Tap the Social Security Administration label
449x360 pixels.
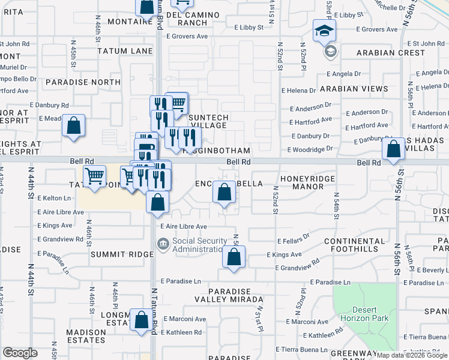coord(200,245)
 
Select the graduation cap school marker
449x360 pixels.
coord(324,31)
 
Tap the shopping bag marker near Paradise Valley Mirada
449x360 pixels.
coord(234,257)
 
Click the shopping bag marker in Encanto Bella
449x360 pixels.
coord(224,193)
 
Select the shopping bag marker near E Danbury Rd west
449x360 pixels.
coord(73,126)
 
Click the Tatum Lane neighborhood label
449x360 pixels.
coord(125,51)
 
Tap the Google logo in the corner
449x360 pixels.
coord(20,353)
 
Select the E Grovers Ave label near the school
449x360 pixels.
coord(370,29)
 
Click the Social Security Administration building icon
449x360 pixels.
coord(163,244)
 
